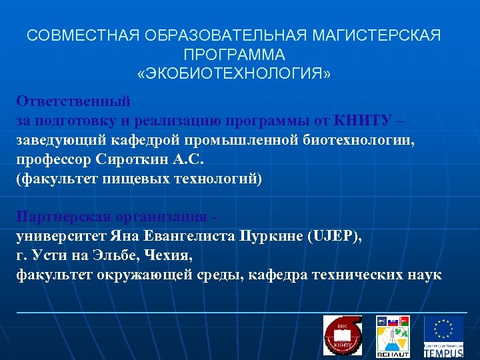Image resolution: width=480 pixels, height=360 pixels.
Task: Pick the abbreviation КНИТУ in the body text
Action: (x=365, y=121)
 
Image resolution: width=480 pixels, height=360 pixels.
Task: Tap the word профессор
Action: (x=55, y=160)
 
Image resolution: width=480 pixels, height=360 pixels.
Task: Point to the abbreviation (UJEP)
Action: (x=335, y=237)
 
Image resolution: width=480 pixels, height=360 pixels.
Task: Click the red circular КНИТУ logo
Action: (x=342, y=335)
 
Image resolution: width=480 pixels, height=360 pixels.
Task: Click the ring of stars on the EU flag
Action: (x=443, y=328)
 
